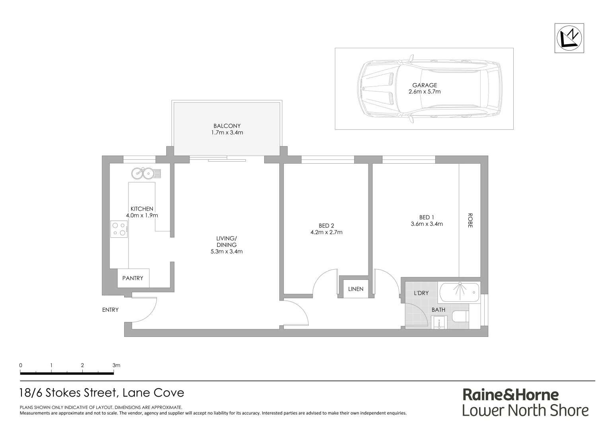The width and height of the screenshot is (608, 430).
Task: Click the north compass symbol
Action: click(570, 38)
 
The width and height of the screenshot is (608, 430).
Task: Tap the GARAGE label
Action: click(424, 85)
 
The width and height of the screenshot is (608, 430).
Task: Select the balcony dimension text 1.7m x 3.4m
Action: click(227, 133)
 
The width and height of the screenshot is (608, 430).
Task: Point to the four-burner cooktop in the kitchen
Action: click(119, 229)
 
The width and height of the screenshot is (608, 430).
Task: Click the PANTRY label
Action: click(133, 278)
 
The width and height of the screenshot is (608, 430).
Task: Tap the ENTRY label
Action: click(110, 310)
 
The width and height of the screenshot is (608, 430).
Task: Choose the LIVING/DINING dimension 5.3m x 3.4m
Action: click(226, 252)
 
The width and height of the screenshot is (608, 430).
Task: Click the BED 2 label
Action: click(326, 226)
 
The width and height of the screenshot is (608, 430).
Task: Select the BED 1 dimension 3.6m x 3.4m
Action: click(427, 224)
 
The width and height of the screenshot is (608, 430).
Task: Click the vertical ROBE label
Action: click(470, 220)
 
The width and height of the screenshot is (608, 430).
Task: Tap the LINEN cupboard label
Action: click(356, 289)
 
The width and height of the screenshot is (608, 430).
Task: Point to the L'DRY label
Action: click(421, 293)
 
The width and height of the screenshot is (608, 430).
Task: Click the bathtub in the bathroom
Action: click(459, 292)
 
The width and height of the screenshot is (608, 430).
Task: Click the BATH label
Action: click(438, 310)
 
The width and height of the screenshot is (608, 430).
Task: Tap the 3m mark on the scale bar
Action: click(116, 365)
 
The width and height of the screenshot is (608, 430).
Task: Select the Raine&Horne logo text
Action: click(511, 395)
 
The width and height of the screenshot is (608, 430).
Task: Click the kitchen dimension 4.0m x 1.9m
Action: click(142, 215)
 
